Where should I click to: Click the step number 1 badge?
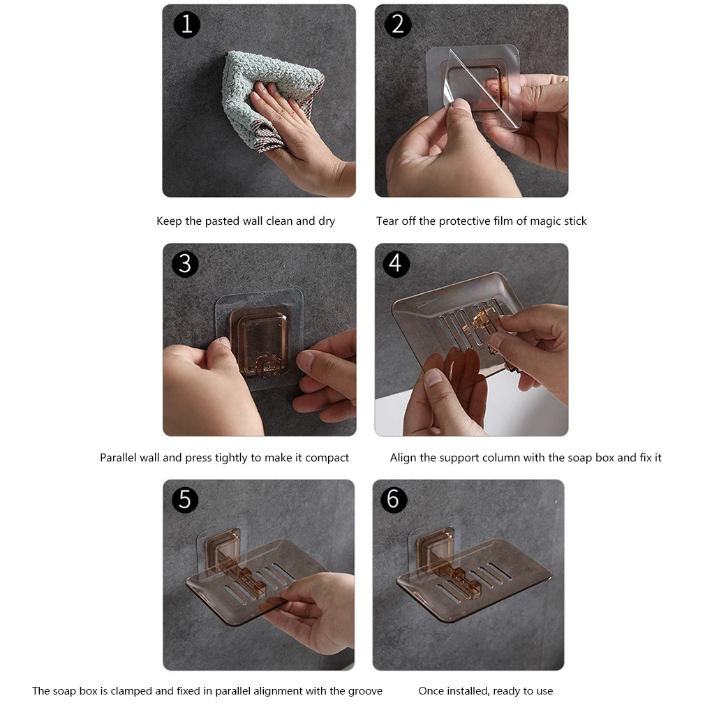186,24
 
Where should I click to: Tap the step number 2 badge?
398,24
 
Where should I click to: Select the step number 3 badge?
185,264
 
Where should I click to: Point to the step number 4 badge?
396,264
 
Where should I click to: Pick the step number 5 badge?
185,500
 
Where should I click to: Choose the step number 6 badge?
394,500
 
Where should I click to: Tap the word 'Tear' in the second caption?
386,221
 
